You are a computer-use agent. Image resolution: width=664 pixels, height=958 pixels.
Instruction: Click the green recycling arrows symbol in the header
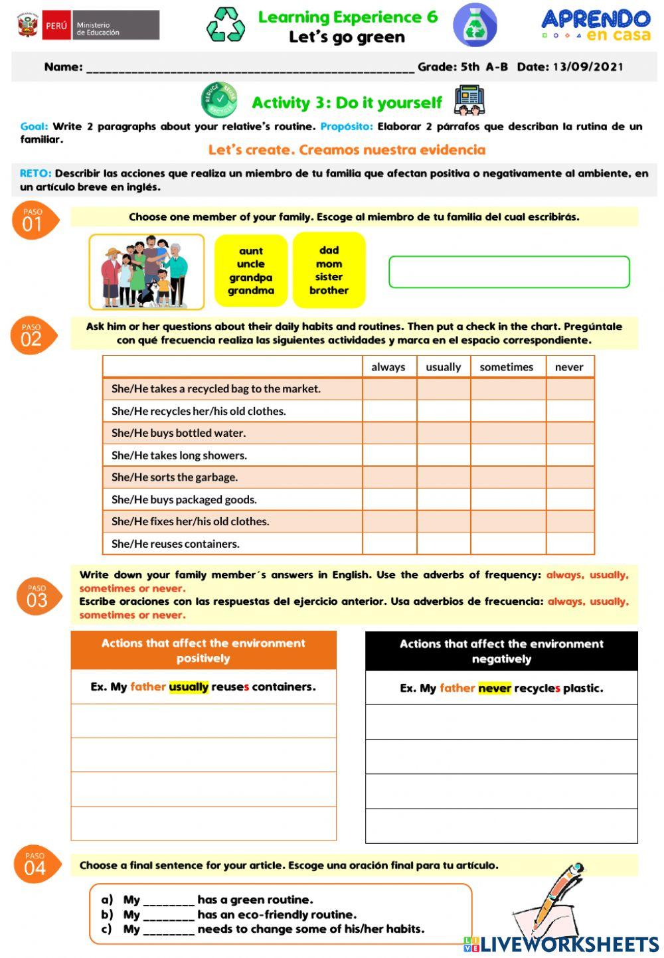226,25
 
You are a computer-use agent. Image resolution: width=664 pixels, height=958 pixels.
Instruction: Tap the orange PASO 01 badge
33,220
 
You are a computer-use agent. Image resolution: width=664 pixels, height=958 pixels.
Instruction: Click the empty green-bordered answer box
509,272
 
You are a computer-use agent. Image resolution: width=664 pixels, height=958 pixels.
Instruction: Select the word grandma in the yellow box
251,291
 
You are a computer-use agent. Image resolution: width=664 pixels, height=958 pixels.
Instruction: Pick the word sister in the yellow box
329,277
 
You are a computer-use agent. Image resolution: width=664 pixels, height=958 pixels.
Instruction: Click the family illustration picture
147,272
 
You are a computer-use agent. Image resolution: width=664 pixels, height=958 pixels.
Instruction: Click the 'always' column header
388,367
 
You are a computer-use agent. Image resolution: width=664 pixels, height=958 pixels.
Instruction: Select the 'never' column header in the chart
569,367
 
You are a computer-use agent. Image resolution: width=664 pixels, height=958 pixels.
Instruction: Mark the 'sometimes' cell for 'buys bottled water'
507,433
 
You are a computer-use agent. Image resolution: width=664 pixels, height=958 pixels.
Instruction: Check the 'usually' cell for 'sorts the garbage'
444,477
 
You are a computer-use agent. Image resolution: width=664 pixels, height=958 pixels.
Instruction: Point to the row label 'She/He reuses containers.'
176,544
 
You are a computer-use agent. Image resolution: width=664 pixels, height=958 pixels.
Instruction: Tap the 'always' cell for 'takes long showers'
389,455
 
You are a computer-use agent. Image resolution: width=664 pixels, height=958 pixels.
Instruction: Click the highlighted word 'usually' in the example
189,687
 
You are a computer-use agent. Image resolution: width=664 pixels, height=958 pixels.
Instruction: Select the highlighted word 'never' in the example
495,688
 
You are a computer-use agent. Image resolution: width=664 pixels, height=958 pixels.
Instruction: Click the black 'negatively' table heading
501,651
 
